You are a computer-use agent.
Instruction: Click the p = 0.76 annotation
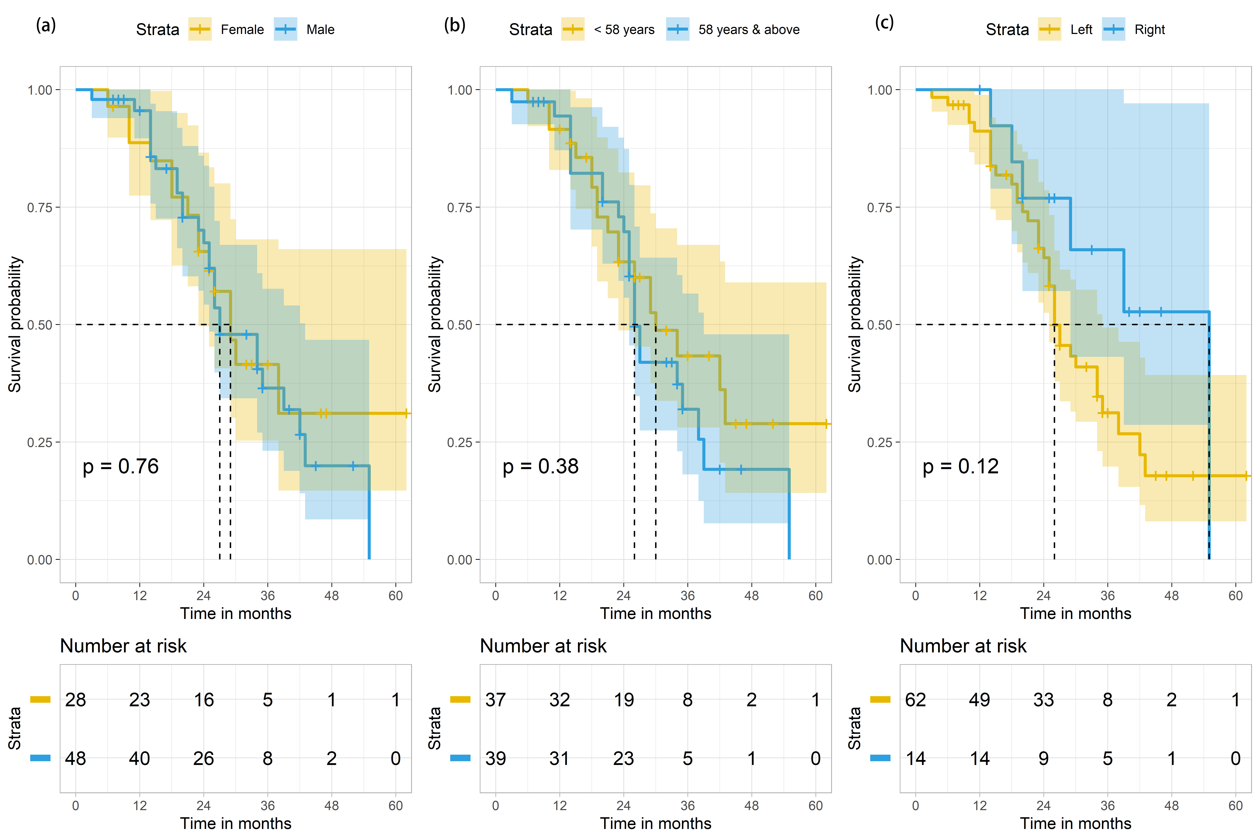coord(121,467)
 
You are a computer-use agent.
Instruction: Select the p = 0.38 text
coord(541,467)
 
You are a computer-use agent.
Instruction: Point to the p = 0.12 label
coord(961,467)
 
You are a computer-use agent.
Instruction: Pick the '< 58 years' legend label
coord(624,30)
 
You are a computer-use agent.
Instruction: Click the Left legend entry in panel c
coord(1081,30)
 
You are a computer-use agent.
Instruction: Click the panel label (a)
coord(46,25)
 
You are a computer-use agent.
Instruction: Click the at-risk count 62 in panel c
coord(916,700)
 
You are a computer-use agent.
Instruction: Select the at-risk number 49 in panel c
coord(979,700)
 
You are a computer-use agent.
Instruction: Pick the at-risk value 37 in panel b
coord(496,700)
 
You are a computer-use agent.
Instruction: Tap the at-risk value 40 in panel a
coord(139,759)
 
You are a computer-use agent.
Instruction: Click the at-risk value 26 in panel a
coord(204,759)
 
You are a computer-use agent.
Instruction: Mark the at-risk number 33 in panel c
coord(1044,700)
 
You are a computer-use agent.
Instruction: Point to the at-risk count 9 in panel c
coord(1044,759)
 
